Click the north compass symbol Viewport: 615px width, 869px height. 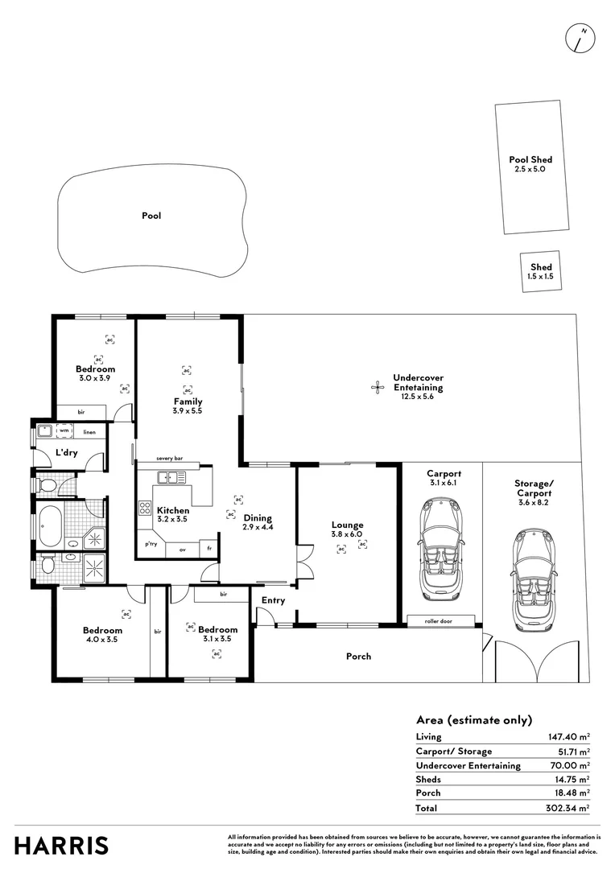pos(580,39)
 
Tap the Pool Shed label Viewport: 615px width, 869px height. pos(530,160)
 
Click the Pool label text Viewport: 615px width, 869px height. pos(151,216)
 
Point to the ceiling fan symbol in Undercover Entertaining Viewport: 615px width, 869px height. pos(377,387)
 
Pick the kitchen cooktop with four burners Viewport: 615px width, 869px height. pos(146,508)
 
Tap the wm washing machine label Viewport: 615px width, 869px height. pos(64,430)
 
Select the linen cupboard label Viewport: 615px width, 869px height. pos(89,432)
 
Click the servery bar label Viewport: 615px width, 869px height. pos(169,458)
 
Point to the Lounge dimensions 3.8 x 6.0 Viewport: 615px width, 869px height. pos(347,534)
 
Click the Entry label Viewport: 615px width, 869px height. pos(273,600)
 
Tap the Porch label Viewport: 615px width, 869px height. pos(358,656)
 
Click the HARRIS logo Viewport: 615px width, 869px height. pos(61,846)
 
